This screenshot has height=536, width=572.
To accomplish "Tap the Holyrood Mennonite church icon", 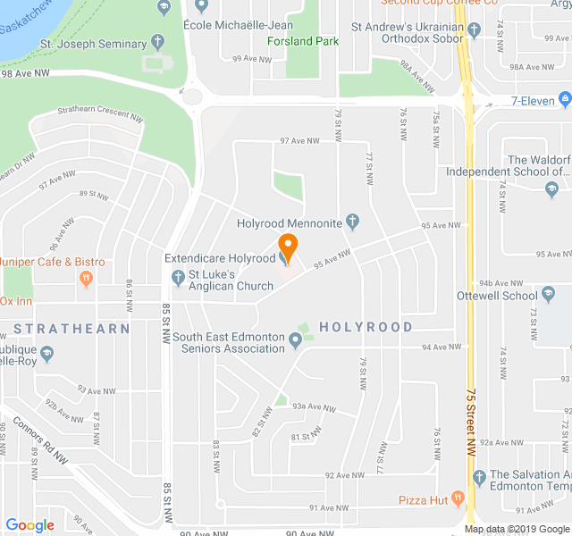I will tap(353, 222).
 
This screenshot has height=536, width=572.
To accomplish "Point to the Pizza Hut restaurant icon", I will tap(458, 499).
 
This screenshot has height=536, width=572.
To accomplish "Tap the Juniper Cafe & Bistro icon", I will tap(86, 279).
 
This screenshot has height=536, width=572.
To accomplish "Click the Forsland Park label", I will tap(302, 41).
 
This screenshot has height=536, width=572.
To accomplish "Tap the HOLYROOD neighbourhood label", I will tap(366, 328).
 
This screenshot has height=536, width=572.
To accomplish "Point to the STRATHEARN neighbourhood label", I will tap(71, 329).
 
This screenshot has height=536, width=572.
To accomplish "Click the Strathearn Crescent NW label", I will tap(99, 115).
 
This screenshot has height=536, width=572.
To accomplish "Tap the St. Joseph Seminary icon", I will tap(158, 43).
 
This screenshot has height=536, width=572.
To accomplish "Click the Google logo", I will tap(29, 525).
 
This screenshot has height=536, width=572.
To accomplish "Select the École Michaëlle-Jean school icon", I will tap(201, 7).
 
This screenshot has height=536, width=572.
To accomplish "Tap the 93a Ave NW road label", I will tap(313, 407).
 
